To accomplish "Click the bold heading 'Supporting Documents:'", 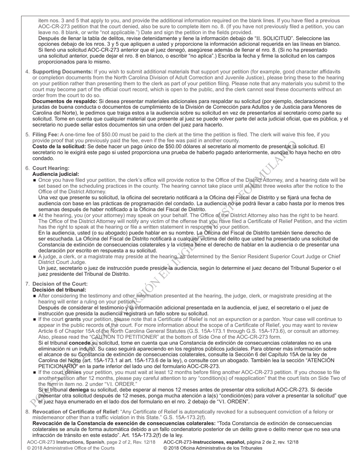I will pyautogui.click(x=63, y=72).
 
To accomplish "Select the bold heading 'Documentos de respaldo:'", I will pyautogui.click(x=65, y=101).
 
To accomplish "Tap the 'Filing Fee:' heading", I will pyautogui.click(x=45, y=134).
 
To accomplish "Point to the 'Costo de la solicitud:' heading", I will pyautogui.click(x=59, y=146).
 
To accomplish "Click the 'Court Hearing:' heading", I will pyautogui.click(x=51, y=168).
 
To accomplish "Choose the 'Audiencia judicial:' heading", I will pyautogui.click(x=56, y=174).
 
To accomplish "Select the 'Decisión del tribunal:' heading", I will pyautogui.click(x=59, y=290).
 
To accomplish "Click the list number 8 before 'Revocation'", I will pyautogui.click(x=27, y=412).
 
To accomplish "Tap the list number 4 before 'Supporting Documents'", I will pyautogui.click(x=27, y=72).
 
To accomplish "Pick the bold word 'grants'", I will pyautogui.click(x=73, y=319).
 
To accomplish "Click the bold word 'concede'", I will pyautogui.click(x=79, y=343).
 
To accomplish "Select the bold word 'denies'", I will pyautogui.click(x=73, y=372).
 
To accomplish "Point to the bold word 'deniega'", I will pyautogui.click(x=78, y=390).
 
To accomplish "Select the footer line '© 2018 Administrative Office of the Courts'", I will pyautogui.click(x=71, y=448).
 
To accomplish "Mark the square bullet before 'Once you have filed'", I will pyautogui.click(x=35, y=180).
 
